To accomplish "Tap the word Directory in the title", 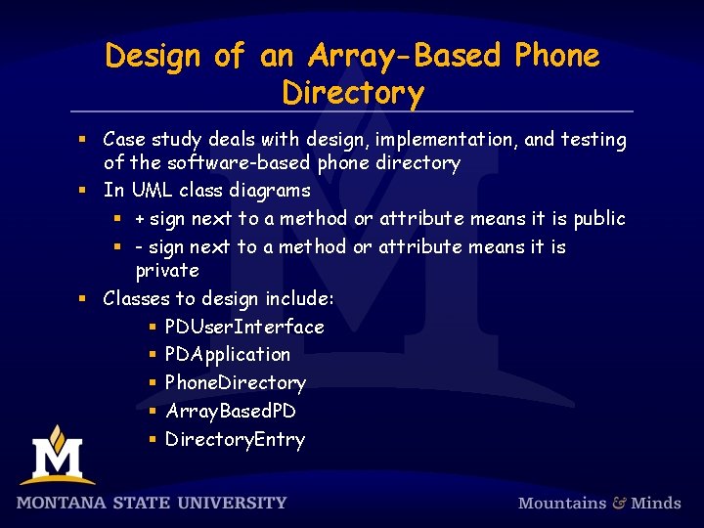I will (x=353, y=93).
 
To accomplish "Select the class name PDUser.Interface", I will (x=244, y=327).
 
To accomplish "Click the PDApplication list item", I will (x=228, y=354).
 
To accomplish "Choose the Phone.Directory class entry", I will (x=236, y=382).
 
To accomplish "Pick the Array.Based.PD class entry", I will (x=231, y=411).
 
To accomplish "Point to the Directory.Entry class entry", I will (x=235, y=439).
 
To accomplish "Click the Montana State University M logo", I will (x=58, y=455).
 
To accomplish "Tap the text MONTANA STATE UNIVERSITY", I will (x=152, y=503).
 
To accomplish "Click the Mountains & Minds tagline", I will (x=598, y=503).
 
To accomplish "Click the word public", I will (x=599, y=218).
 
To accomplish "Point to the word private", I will (x=166, y=270).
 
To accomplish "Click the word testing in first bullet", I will (x=594, y=140).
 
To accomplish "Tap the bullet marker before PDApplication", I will (x=153, y=354).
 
